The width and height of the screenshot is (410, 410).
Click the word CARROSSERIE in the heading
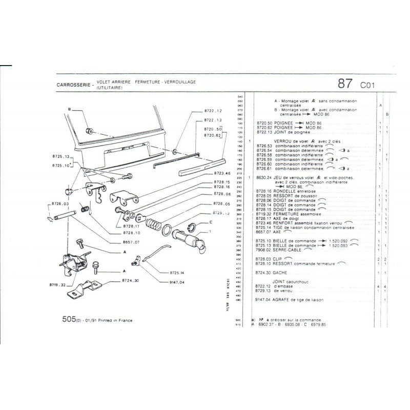pos(73,85)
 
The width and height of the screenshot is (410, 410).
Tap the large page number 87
pos(346,84)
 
